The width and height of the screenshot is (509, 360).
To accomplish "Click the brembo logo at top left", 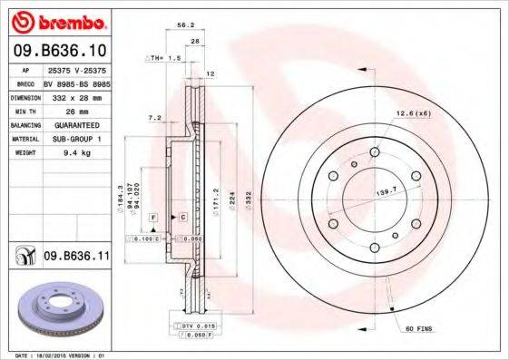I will click(x=56, y=21).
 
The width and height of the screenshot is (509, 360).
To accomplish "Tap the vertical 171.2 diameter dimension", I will click(x=215, y=196).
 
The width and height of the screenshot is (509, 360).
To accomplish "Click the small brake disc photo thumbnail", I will click(x=57, y=307).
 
